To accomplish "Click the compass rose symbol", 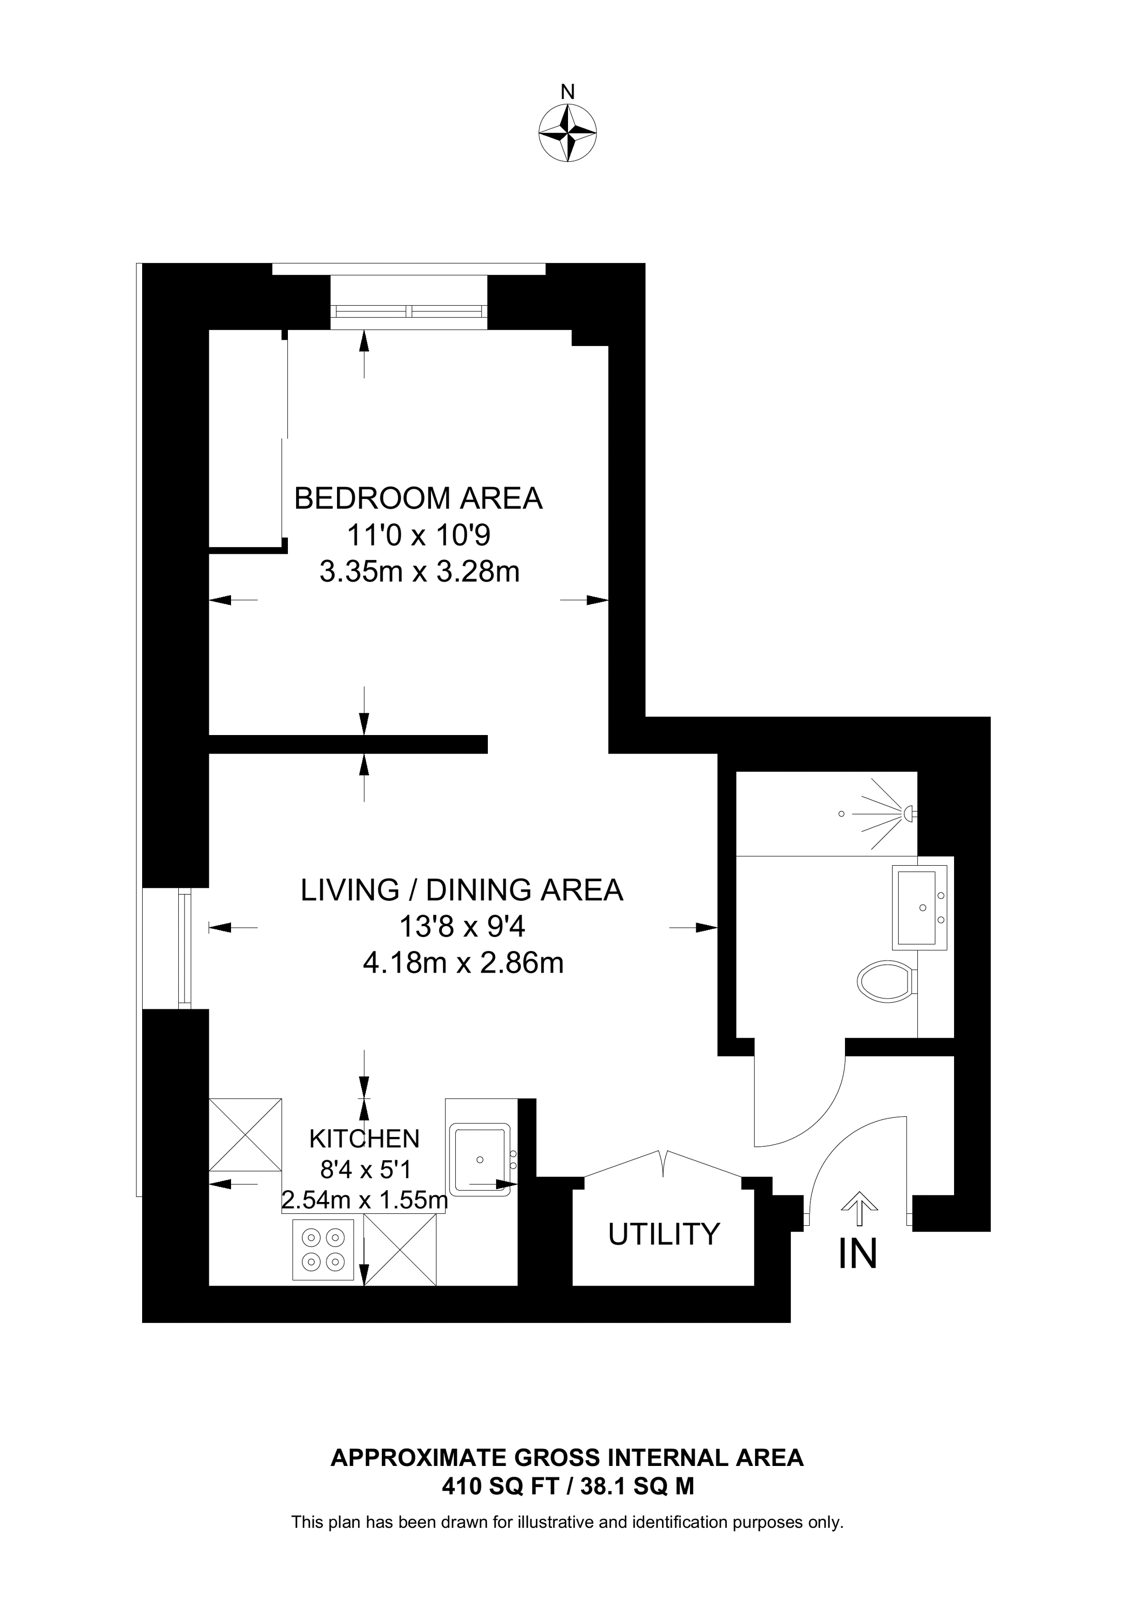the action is tap(567, 133).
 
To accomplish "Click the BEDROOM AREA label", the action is tap(418, 498).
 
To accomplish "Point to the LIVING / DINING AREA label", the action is tap(462, 890).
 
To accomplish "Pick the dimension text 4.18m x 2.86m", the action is tap(463, 964).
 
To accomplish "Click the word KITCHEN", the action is tap(364, 1139).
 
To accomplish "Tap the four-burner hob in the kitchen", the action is tap(324, 1250).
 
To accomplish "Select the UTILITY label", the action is tap(664, 1234).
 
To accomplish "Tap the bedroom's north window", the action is tap(408, 311).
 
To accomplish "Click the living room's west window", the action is tap(185, 948).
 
